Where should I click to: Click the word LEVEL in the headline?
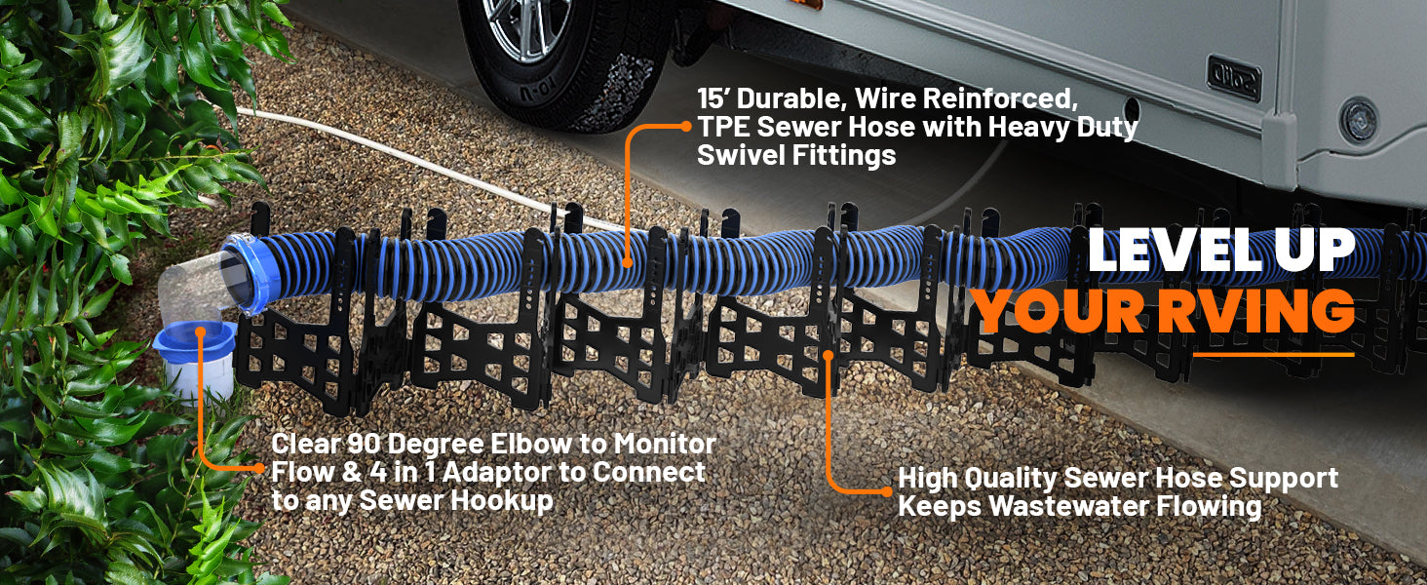point(1175,251)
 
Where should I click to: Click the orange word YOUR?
point(1060,311)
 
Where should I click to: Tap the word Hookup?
point(501,501)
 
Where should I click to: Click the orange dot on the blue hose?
point(627,262)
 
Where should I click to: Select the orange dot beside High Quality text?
point(887,491)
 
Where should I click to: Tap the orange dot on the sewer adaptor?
point(200,331)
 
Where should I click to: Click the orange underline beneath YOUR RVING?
point(1273,354)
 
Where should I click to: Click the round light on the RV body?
point(1359,121)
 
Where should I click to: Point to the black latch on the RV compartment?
point(1234,78)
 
